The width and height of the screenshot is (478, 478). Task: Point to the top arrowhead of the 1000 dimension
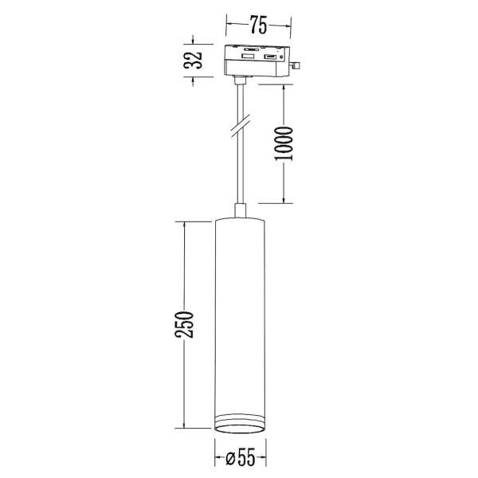tap(284, 83)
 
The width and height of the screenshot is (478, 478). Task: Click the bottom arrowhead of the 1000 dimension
tap(284, 199)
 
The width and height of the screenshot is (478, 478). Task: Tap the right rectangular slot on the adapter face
tap(270, 57)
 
